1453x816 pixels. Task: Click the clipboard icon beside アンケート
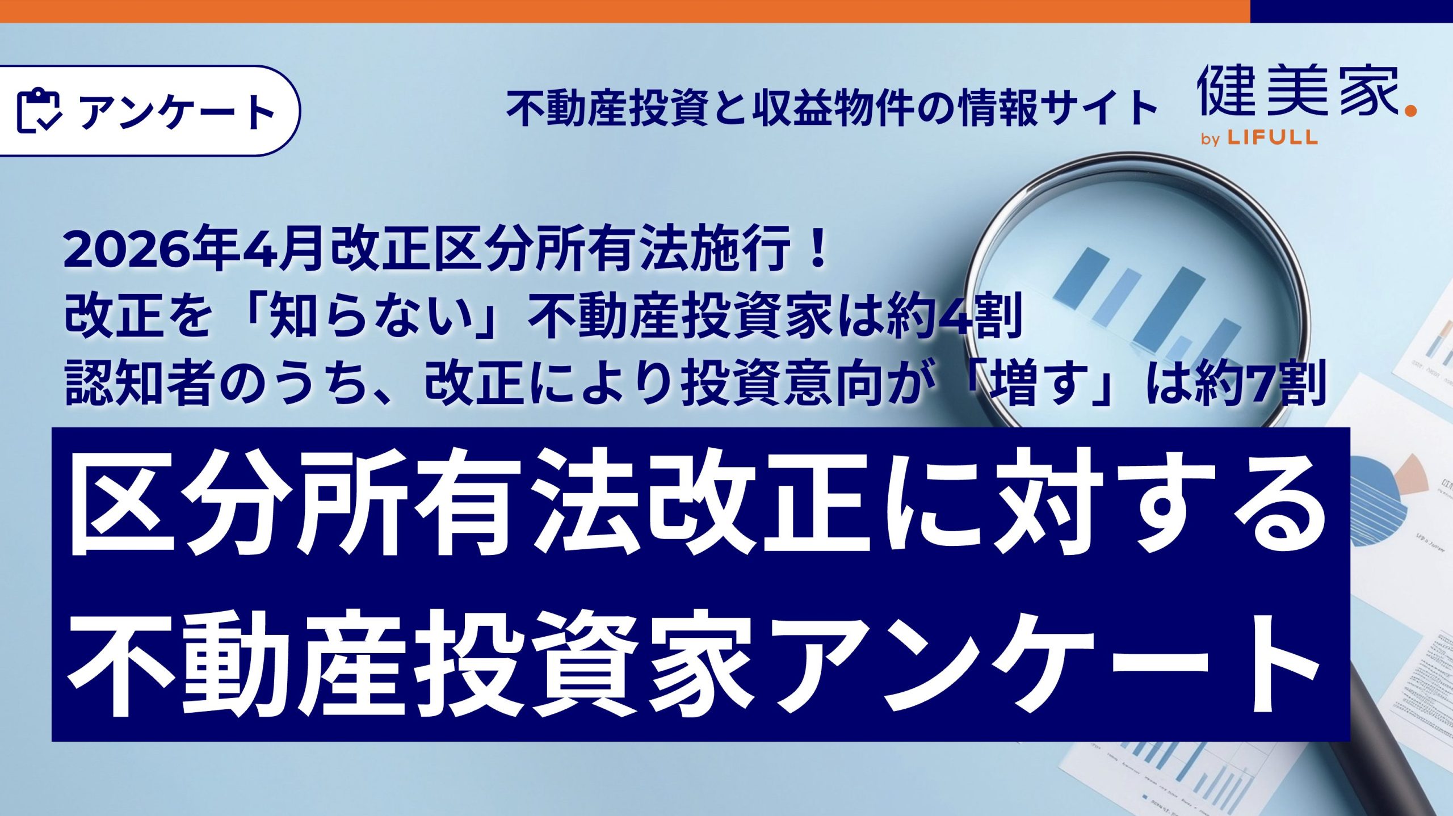click(39, 111)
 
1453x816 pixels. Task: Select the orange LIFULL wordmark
click(1272, 137)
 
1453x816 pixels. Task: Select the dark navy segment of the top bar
click(1351, 11)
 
